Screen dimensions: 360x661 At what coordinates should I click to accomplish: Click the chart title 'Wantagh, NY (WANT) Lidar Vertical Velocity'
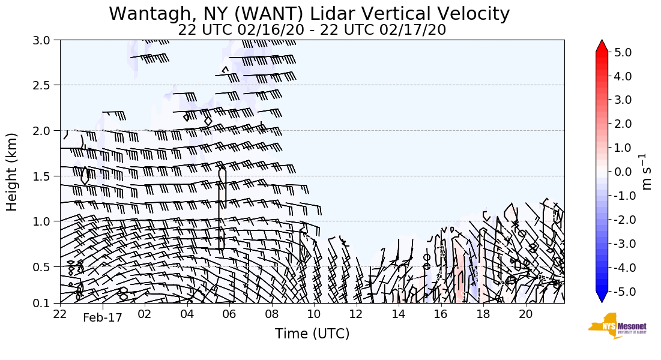coord(309,14)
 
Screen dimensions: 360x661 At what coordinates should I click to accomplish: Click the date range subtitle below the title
coord(312,30)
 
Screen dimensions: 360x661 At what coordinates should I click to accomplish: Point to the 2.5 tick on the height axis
coord(46,85)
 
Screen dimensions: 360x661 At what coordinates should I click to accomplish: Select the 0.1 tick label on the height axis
coord(46,303)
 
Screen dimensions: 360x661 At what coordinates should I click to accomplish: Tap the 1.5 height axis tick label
coord(46,176)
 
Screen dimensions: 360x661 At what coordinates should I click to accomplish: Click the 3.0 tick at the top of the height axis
coord(46,40)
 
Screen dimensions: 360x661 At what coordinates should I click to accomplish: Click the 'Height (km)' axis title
coord(13,172)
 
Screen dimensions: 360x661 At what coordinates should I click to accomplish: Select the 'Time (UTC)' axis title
coord(312,334)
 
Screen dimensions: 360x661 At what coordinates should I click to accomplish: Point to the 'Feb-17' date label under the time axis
coord(102,318)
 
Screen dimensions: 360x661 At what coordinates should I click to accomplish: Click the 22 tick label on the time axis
coord(60,314)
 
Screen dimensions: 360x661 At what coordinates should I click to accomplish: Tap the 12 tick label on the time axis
coord(356,314)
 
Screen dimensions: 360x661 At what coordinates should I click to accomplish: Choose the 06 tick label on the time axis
coord(229,314)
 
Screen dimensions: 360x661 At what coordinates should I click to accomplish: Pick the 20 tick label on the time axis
coord(525,314)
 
